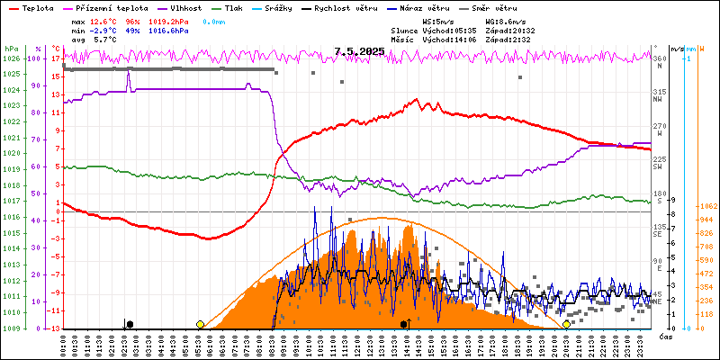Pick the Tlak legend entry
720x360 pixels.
[x=247, y=7]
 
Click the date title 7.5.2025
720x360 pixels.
[x=359, y=52]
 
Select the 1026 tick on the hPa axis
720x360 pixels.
[x=10, y=59]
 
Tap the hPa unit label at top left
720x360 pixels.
[x=10, y=49]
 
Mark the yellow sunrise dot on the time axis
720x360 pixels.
[x=200, y=324]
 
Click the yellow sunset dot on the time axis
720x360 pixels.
[x=566, y=324]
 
